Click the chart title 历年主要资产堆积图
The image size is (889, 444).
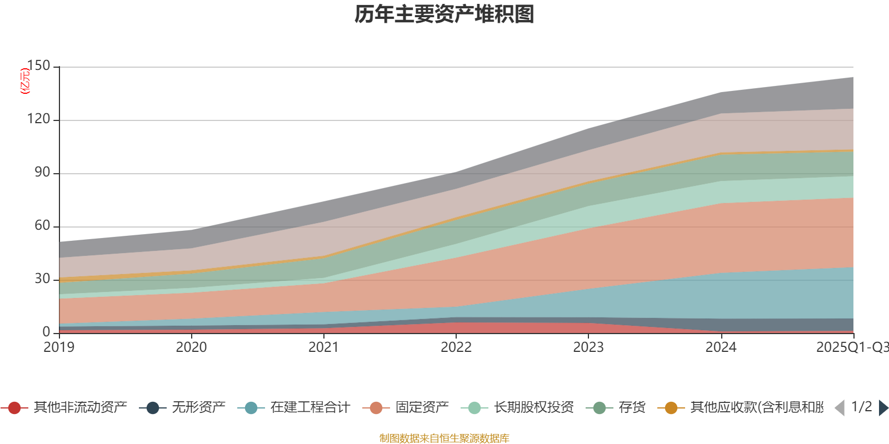point(444,14)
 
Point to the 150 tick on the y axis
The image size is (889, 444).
point(38,66)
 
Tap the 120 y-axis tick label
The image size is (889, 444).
point(38,119)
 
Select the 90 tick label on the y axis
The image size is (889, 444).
point(42,173)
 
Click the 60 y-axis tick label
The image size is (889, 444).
point(42,226)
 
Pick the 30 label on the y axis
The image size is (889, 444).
point(42,279)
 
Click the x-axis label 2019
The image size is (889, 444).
point(59,347)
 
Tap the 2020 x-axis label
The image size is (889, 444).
point(191,347)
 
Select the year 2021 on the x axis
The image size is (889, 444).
point(323,347)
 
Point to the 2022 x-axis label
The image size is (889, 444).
point(456,347)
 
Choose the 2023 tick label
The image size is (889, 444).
point(588,347)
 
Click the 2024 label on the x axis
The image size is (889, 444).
point(721,347)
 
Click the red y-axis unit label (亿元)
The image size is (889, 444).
point(25,81)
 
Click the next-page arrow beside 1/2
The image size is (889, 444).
point(883,408)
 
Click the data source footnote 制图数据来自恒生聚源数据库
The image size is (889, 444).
point(444,438)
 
